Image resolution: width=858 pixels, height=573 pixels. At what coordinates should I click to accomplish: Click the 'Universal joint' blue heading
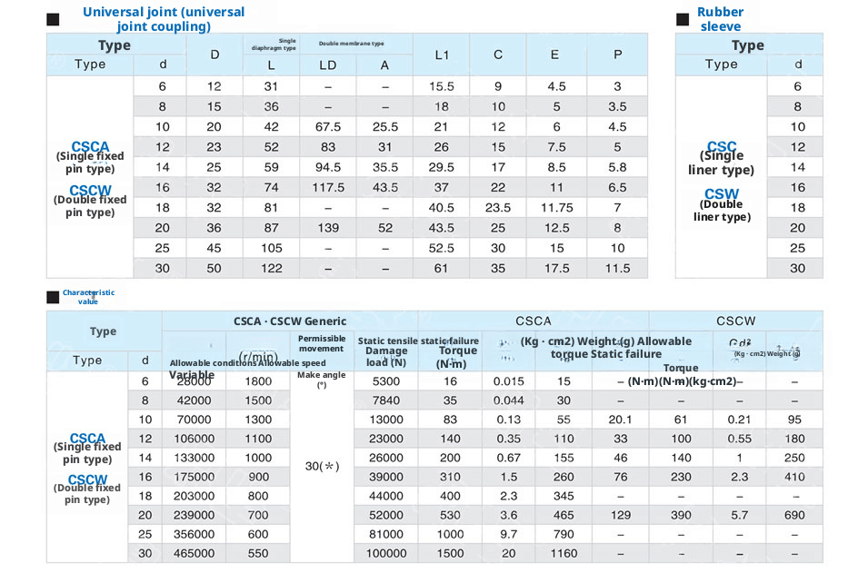click(164, 19)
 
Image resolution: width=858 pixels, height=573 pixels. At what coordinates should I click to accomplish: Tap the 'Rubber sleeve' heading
click(720, 19)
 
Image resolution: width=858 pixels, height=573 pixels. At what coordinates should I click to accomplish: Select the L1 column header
click(442, 54)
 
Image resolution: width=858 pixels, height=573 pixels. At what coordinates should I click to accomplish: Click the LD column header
click(328, 65)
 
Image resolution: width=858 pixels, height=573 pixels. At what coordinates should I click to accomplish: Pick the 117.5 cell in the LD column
click(328, 187)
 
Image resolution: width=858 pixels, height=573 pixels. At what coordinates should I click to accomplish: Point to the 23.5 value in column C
click(498, 207)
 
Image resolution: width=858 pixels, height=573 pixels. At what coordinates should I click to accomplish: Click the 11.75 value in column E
click(557, 207)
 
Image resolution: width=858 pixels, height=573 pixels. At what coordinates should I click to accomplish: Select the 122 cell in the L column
click(271, 268)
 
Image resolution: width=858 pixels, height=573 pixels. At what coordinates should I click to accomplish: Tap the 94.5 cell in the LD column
click(328, 167)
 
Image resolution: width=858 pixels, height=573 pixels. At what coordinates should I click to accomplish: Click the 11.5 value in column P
click(618, 268)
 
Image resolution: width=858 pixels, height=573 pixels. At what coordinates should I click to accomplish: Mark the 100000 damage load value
click(386, 553)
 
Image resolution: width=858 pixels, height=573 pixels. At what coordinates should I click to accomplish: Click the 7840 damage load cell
click(386, 400)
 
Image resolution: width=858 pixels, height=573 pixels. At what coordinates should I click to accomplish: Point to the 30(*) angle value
click(322, 466)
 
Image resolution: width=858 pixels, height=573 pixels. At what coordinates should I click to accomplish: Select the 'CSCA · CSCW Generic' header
click(289, 321)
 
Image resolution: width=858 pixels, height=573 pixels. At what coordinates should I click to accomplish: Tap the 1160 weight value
click(563, 553)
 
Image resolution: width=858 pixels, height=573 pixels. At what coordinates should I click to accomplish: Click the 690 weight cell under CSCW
click(795, 515)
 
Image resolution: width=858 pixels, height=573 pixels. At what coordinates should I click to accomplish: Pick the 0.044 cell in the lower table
click(508, 400)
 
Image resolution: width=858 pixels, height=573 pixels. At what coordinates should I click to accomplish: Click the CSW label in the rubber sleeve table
click(722, 194)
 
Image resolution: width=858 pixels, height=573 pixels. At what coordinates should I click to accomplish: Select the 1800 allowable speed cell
click(258, 381)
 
